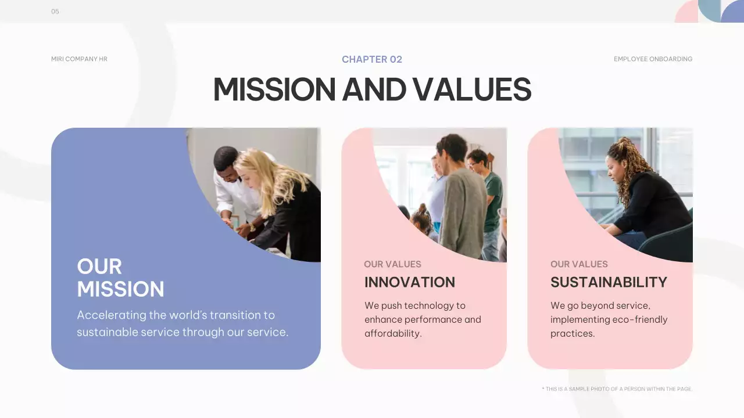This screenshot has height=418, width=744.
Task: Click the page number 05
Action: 55,12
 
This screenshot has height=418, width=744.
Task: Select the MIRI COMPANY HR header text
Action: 79,59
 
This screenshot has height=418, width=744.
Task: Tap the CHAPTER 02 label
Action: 372,59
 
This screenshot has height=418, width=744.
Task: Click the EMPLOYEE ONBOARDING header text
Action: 653,59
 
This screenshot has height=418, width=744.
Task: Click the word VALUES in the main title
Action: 471,89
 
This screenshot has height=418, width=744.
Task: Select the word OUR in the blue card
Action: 99,266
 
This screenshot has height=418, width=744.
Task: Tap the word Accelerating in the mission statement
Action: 111,315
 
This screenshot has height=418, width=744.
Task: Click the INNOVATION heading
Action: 410,283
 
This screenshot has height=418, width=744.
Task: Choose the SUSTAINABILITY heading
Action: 609,283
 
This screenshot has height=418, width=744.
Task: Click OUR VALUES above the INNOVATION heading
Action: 392,264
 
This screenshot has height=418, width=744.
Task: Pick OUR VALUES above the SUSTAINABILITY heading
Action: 579,264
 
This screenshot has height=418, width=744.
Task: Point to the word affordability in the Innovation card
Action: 392,333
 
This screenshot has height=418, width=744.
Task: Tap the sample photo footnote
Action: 617,389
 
